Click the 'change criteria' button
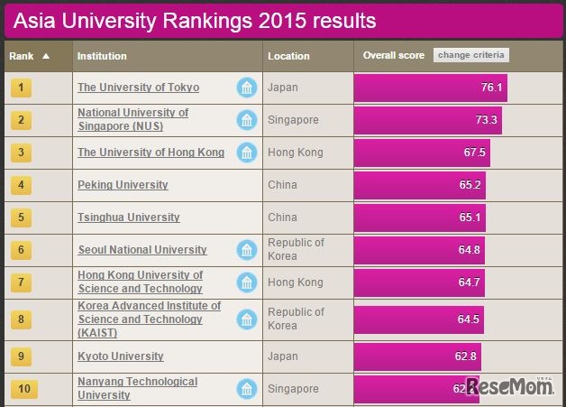[x=471, y=56]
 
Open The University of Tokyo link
[x=138, y=88]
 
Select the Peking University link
[x=123, y=185]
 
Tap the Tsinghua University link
[x=128, y=217]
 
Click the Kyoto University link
[x=121, y=356]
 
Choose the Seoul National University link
[x=142, y=250]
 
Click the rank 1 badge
[x=22, y=88]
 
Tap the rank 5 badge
[x=22, y=217]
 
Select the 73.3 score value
[x=486, y=120]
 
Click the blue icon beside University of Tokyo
[x=246, y=88]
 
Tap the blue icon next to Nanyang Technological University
[x=246, y=389]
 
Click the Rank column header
[x=29, y=56]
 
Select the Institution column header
[x=102, y=56]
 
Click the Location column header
[x=289, y=56]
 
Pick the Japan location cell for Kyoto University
[x=283, y=356]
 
